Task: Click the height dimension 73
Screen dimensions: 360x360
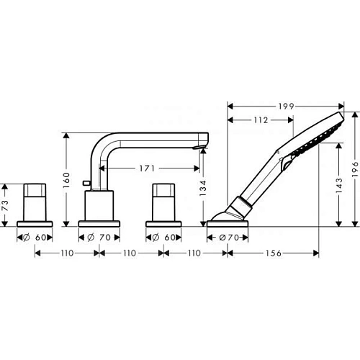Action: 6,204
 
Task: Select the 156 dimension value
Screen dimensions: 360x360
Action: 273,253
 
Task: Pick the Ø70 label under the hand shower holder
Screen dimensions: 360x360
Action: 228,235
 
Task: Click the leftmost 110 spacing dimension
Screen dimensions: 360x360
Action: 67,253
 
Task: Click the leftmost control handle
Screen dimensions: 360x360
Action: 35,202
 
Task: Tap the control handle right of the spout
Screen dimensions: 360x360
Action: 163,202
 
